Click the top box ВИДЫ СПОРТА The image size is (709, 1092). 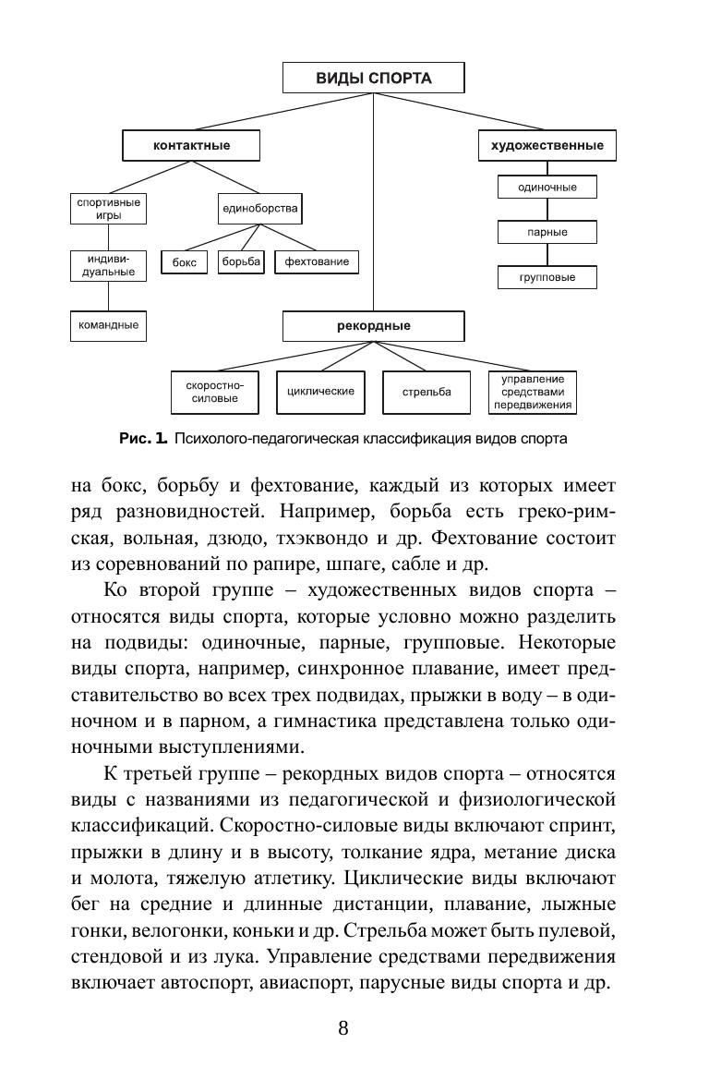(374, 79)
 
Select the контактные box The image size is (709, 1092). (191, 145)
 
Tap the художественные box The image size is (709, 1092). (547, 145)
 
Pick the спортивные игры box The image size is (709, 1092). (109, 208)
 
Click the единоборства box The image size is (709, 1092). (259, 208)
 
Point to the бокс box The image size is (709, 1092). (185, 262)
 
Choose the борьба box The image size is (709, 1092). (240, 261)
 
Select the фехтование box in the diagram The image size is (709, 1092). (317, 261)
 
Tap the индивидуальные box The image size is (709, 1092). (109, 265)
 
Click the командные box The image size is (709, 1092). (109, 325)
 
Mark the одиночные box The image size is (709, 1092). (547, 187)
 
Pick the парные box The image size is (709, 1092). (547, 232)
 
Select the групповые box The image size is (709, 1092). (547, 276)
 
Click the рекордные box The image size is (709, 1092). (374, 325)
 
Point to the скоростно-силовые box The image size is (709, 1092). (213, 392)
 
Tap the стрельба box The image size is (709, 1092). (427, 392)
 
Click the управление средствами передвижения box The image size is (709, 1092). (533, 392)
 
